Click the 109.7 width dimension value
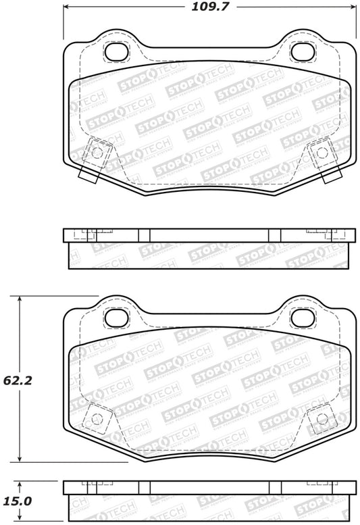point(209,9)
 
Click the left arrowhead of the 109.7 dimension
point(66,9)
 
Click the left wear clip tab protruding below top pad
point(87,174)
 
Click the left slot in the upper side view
point(144,235)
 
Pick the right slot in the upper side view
point(274,235)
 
